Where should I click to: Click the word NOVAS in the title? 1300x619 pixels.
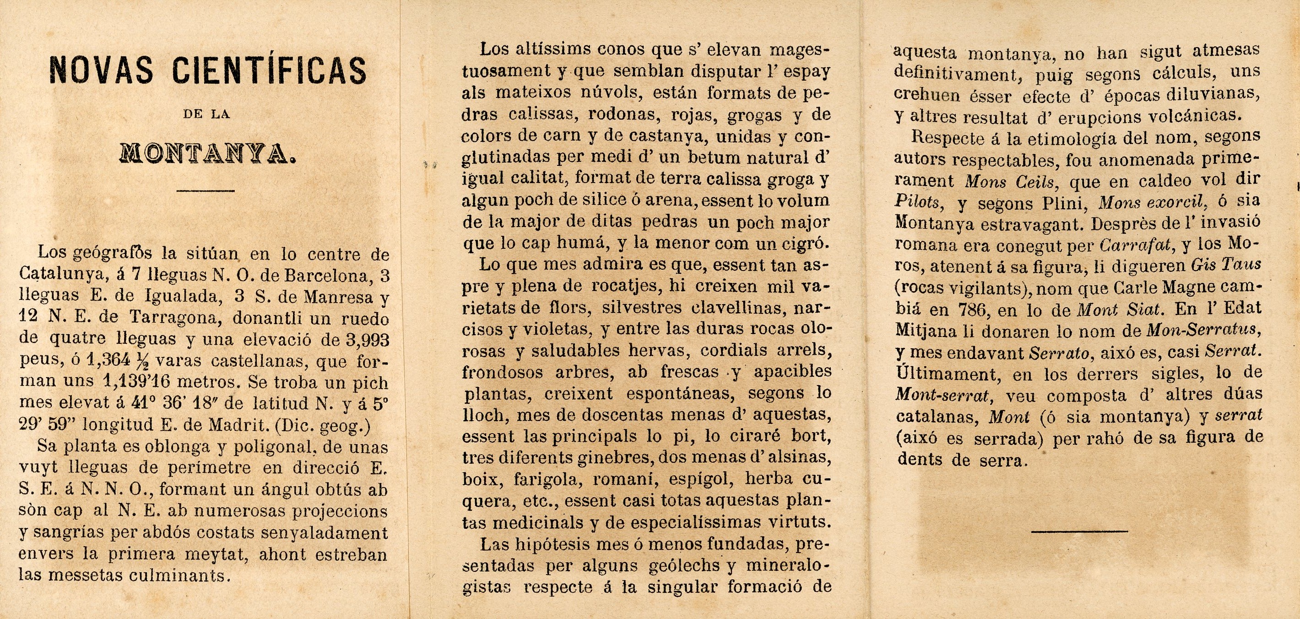(100, 70)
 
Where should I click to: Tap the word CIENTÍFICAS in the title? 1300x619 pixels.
(270, 70)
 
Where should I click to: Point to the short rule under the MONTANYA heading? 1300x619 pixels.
(206, 191)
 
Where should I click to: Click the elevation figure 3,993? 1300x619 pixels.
(368, 340)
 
